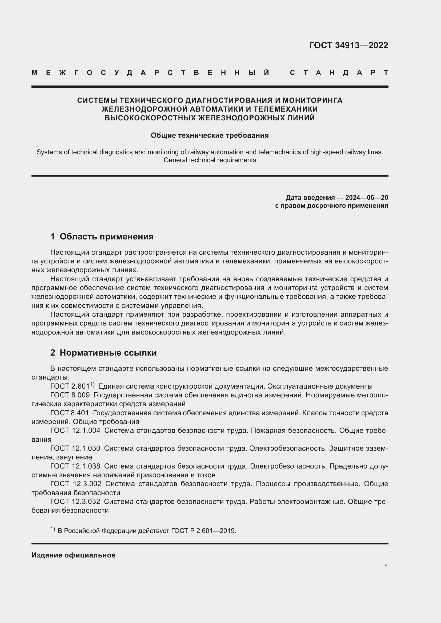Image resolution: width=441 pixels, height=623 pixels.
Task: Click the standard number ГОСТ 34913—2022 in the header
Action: [348, 45]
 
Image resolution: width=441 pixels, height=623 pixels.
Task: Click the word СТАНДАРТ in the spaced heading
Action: [339, 73]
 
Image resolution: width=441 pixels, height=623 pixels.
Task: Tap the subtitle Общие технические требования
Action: [210, 135]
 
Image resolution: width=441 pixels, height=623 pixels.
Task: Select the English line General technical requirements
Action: [210, 160]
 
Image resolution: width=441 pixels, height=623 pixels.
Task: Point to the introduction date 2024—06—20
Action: [367, 197]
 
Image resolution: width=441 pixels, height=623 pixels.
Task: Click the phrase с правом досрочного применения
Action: [331, 206]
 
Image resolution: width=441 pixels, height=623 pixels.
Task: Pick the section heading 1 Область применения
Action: [102, 236]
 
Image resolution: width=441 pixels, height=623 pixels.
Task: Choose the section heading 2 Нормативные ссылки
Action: [103, 352]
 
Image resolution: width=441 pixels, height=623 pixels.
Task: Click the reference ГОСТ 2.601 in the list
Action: [70, 386]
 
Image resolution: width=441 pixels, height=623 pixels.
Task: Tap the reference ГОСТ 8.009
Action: [70, 395]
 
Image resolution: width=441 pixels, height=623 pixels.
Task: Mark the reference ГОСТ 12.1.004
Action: [75, 430]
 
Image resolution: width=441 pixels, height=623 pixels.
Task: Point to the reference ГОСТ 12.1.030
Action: [75, 448]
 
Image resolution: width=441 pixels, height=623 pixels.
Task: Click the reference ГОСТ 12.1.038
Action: [75, 466]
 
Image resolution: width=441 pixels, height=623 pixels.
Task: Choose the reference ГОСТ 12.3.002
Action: [76, 483]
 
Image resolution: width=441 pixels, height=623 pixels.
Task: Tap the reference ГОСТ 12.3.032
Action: [75, 502]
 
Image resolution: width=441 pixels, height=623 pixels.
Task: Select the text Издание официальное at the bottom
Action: [73, 555]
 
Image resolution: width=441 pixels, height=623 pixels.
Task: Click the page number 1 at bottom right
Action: [386, 567]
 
